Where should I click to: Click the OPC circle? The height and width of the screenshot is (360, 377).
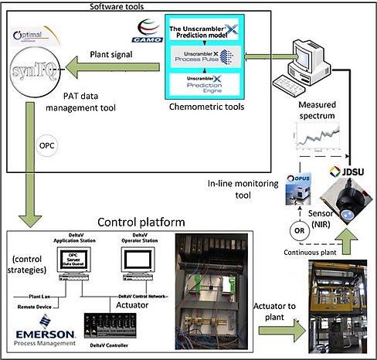click(x=43, y=144)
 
